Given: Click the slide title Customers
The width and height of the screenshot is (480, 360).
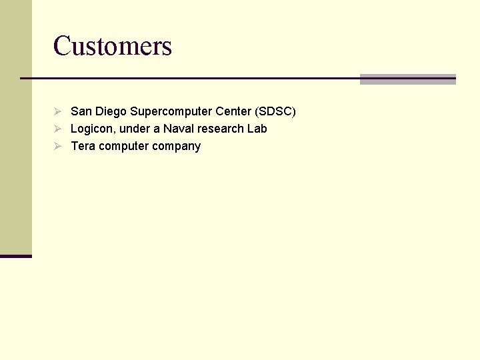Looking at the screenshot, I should pos(113,46).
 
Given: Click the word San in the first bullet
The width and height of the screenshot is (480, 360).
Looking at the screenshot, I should pos(81,111).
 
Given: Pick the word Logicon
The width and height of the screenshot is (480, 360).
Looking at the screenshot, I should pos(92,129).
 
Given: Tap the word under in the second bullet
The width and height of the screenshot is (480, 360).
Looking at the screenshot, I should pos(135,129).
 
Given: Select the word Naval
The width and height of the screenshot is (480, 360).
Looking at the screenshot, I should pos(179,129).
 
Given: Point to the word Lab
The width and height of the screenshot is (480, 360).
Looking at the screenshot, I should pos(257,129).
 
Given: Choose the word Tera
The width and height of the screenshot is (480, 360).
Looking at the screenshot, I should pos(83,146).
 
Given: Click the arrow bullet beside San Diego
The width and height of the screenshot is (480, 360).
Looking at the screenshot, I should pos(58,111).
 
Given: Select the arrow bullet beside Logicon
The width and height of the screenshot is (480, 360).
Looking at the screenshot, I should pos(58,129).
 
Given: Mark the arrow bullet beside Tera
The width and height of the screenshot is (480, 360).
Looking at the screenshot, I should pos(58,146).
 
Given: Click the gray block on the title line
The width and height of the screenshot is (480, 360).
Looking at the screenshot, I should pos(407,79).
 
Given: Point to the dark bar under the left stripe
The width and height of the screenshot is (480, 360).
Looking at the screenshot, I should pos(15,256).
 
